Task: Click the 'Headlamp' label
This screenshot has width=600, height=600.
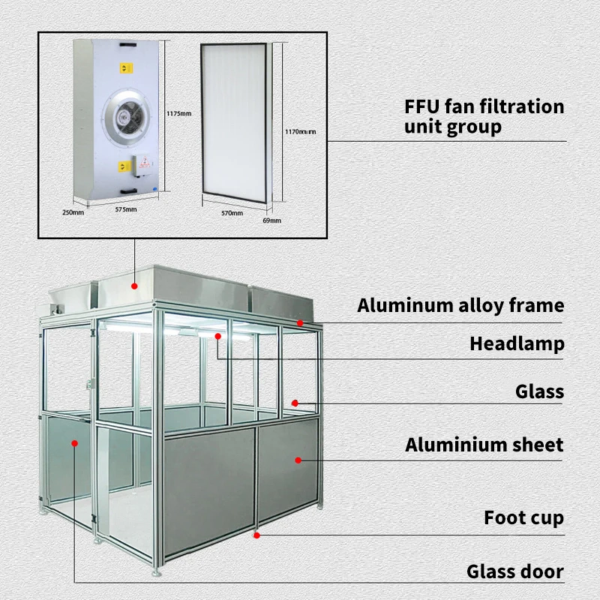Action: (x=517, y=344)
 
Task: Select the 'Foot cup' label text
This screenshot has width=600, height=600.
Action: (x=523, y=517)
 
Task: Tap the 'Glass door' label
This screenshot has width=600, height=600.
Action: (x=514, y=571)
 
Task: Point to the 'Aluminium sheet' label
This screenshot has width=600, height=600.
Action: (x=484, y=445)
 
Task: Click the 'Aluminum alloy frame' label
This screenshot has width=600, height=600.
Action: (x=460, y=305)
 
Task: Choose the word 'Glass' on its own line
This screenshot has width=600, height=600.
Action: (x=539, y=391)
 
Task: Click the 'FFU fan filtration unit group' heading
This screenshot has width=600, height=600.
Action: (x=484, y=116)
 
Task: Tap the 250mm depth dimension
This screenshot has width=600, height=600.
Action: (x=73, y=212)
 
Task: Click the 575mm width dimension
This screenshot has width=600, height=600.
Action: (x=125, y=209)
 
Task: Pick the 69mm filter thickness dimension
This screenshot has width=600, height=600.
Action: (x=271, y=220)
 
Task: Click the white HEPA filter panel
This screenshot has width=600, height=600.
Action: (x=232, y=123)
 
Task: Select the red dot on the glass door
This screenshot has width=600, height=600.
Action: (x=74, y=443)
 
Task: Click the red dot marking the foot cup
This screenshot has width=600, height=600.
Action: (x=256, y=535)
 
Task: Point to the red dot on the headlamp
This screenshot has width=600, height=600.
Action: (x=218, y=337)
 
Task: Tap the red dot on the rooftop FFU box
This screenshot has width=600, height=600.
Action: (x=134, y=285)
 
